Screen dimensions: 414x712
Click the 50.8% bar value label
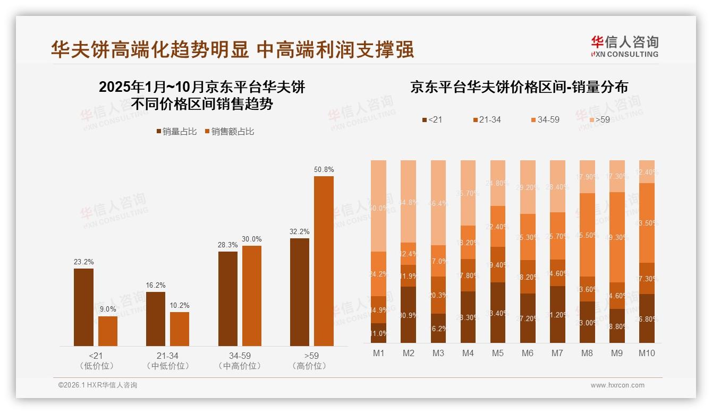pyautogui.click(x=324, y=170)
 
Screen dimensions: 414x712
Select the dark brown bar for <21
pyautogui.click(x=83, y=307)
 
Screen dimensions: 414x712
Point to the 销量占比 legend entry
pyautogui.click(x=176, y=132)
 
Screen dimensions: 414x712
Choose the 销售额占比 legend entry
pyautogui.click(x=229, y=132)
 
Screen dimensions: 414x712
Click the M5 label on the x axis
pyautogui.click(x=498, y=353)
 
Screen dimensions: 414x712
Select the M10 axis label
pyautogui.click(x=647, y=353)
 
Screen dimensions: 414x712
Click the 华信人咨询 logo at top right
pyautogui.click(x=624, y=46)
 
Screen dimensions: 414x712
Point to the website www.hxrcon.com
pyautogui.click(x=617, y=385)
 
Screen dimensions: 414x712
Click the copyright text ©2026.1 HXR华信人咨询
pyautogui.click(x=98, y=385)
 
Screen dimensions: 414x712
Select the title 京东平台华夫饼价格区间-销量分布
pyautogui.click(x=519, y=88)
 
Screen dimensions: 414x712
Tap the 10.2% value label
pyautogui.click(x=180, y=306)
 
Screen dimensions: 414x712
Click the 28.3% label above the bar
pyautogui.click(x=228, y=245)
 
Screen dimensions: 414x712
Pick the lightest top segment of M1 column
pyautogui.click(x=379, y=206)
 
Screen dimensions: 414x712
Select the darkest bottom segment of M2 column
pyautogui.click(x=409, y=315)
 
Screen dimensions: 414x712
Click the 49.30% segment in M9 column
pyautogui.click(x=617, y=237)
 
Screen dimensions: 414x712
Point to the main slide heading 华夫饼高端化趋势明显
pyautogui.click(x=150, y=50)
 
